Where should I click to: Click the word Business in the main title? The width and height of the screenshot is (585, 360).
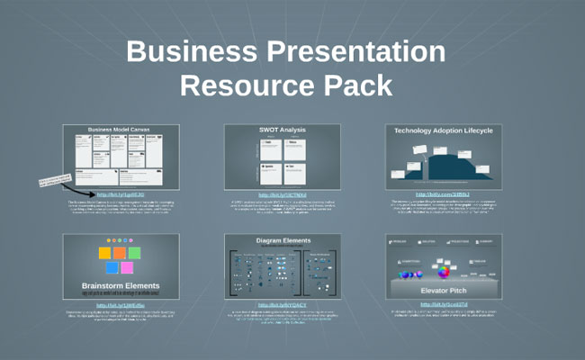(195, 51)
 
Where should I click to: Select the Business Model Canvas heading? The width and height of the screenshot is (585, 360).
(121, 130)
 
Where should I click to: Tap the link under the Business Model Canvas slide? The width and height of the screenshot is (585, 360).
(120, 193)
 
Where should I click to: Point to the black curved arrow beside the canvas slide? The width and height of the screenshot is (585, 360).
(79, 189)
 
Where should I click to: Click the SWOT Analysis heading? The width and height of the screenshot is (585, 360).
(282, 130)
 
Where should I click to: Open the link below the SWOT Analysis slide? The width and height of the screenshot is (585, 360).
(282, 194)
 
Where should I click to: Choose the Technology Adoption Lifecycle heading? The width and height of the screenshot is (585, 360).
(443, 130)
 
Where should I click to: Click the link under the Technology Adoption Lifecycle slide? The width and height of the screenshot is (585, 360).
(443, 194)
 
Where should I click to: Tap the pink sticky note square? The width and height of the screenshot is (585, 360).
(127, 267)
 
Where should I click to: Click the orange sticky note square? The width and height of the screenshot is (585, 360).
(119, 253)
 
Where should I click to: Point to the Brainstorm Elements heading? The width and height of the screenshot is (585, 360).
(121, 286)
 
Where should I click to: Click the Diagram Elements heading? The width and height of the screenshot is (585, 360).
(282, 240)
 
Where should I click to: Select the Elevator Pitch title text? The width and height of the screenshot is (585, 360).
(443, 291)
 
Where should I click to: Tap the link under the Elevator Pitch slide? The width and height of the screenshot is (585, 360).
(443, 304)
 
